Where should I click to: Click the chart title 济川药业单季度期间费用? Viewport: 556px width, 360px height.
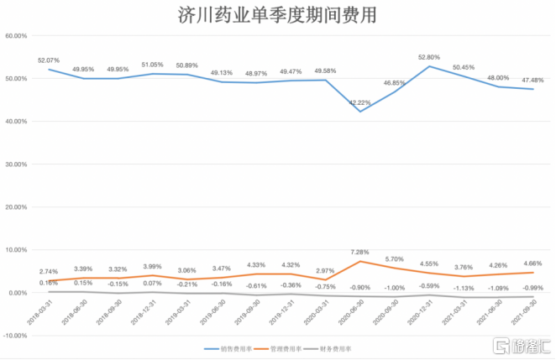[x=277, y=14]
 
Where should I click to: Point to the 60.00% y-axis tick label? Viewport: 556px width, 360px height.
[x=18, y=36]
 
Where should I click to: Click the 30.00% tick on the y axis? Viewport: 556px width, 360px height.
[x=18, y=164]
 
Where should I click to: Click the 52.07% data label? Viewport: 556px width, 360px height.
[x=49, y=60]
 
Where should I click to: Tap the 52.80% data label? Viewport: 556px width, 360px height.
[x=430, y=57]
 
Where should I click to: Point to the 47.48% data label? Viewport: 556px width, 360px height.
[x=532, y=81]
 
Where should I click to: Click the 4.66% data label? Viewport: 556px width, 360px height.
[x=532, y=263]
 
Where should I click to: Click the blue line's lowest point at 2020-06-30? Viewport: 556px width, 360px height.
[x=361, y=112]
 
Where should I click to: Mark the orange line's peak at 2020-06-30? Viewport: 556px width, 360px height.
[x=361, y=261]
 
